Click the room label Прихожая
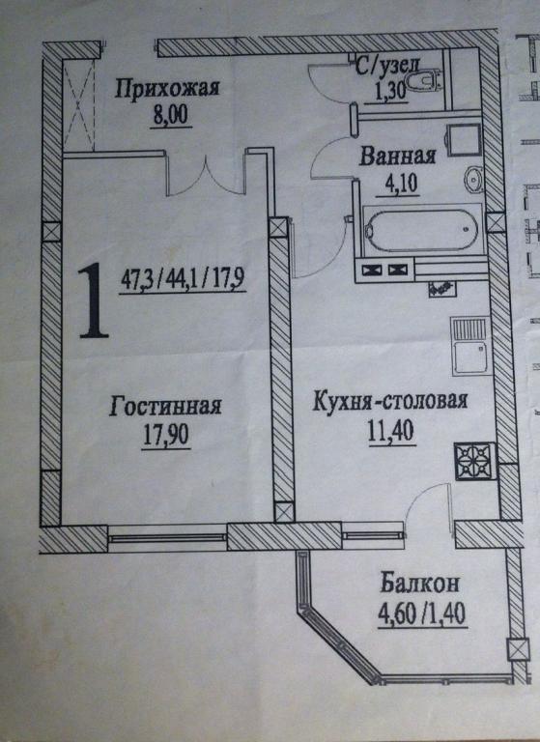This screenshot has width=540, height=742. (166, 89)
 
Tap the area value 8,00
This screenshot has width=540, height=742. (170, 115)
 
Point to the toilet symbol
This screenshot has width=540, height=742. (424, 81)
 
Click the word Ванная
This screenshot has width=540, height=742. (397, 156)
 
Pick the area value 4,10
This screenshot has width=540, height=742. (397, 183)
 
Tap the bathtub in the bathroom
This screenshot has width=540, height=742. (422, 230)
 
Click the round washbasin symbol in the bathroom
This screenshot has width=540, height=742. (473, 180)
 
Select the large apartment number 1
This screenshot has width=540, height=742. (93, 300)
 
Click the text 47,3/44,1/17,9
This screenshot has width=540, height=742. (183, 278)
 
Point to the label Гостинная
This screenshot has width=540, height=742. (165, 406)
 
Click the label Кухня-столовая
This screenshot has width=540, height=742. (390, 402)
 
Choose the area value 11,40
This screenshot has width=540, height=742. (391, 431)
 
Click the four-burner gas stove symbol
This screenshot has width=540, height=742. (474, 461)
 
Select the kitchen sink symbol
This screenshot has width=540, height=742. (469, 346)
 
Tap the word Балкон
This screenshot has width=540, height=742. (420, 584)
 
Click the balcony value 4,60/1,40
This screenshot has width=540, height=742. (422, 614)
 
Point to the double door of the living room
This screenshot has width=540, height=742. (207, 178)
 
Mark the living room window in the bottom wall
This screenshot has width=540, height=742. (167, 537)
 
